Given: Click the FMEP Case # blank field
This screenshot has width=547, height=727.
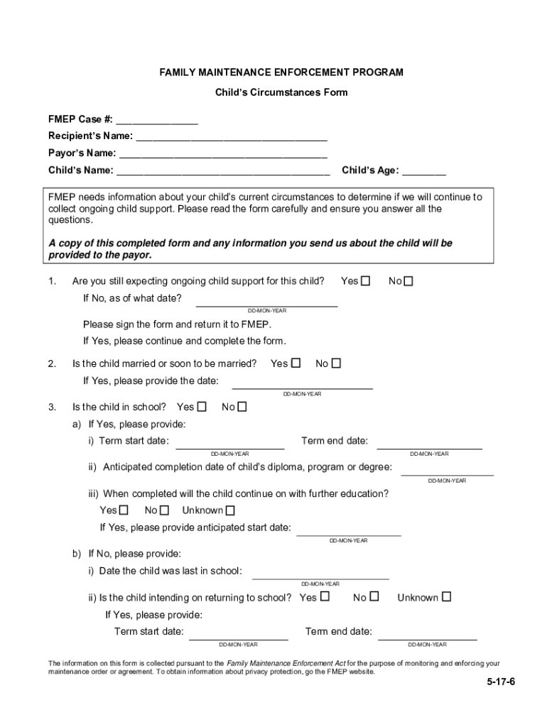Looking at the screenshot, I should (157, 120).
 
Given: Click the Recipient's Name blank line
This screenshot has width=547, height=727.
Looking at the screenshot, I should (232, 136).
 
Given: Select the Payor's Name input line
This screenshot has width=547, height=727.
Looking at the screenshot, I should (223, 153).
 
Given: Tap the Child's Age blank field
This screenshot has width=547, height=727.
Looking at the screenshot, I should (424, 171).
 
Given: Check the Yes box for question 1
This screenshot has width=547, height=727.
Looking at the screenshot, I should (365, 282).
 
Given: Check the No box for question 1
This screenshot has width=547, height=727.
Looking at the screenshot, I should (408, 282).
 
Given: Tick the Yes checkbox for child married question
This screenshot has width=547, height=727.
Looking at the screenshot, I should (296, 363).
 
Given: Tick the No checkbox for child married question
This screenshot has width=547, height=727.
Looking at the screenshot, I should (336, 363).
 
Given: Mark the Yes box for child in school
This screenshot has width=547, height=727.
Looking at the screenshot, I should (202, 408).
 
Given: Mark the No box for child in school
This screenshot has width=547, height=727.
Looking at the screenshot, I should (242, 408).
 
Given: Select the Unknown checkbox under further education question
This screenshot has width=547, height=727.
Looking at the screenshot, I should (229, 510).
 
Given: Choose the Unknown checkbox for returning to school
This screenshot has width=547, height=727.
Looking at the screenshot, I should (446, 597).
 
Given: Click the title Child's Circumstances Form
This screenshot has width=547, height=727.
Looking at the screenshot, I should (281, 92).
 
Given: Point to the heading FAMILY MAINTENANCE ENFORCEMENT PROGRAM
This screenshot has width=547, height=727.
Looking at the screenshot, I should (281, 72).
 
